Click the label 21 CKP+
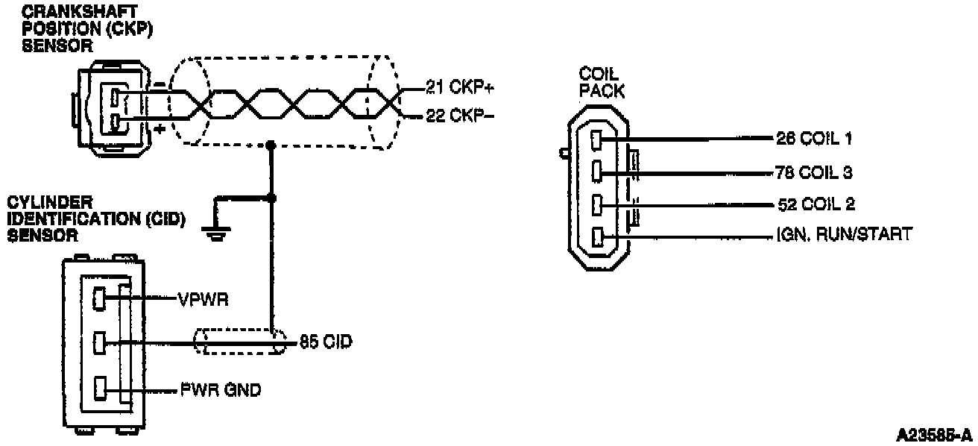click(459, 87)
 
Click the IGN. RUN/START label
click(842, 236)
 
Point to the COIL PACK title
click(601, 82)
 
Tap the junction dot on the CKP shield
click(272, 145)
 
